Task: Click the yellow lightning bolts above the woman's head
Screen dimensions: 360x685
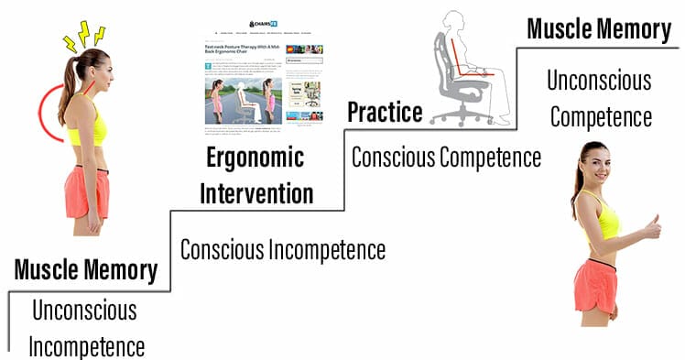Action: coord(82,35)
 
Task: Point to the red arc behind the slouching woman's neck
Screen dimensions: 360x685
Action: coord(46,110)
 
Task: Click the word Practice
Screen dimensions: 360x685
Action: coord(385,112)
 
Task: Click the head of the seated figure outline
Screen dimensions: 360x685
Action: coord(457,20)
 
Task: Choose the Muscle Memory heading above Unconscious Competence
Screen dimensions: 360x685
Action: coord(599,29)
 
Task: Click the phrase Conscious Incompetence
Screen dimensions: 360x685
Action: coord(283,249)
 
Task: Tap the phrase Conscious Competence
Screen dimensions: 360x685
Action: coord(447,157)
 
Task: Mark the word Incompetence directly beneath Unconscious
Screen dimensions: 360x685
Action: coord(86,346)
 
